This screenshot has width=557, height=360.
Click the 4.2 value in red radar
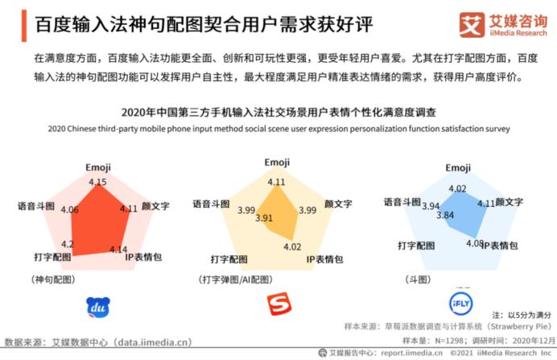click(68, 244)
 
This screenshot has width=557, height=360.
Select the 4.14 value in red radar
click(119, 249)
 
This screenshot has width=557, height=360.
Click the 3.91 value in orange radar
click(264, 217)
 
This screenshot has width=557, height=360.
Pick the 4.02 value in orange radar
click(292, 246)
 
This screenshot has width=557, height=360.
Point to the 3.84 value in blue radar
click(446, 216)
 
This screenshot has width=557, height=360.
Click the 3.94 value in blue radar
click(431, 205)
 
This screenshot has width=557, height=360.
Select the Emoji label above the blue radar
click(458, 168)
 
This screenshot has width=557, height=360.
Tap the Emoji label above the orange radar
click(277, 163)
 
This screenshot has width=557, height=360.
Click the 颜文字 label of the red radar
click(155, 207)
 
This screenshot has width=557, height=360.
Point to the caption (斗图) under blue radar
click(417, 279)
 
